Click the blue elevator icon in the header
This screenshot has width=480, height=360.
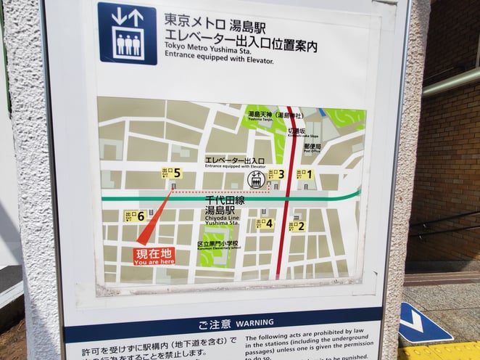click(x=128, y=33)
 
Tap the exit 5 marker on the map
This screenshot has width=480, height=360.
click(x=171, y=173)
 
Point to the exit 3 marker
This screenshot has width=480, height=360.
click(x=276, y=174)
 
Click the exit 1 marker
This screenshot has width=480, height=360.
click(x=305, y=174)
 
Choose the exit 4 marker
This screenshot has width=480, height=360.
click(x=265, y=224)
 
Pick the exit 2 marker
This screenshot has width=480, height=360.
click(x=297, y=226)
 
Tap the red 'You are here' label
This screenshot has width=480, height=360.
click(x=154, y=255)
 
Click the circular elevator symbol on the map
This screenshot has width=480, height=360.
click(x=256, y=179)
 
